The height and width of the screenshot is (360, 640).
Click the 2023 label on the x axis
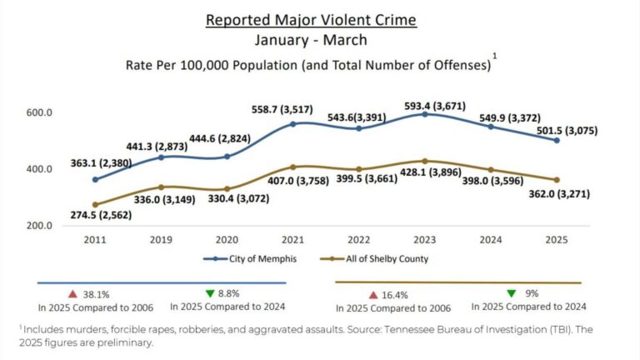(x=425, y=240)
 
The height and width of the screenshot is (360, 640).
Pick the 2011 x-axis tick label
(x=95, y=240)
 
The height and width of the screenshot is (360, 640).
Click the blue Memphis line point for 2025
(x=557, y=141)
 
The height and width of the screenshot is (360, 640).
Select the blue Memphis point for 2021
(x=293, y=124)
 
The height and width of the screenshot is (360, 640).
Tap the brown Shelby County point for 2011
(x=95, y=204)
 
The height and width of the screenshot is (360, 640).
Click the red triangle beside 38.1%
(x=72, y=294)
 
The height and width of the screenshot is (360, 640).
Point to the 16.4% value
(x=398, y=295)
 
